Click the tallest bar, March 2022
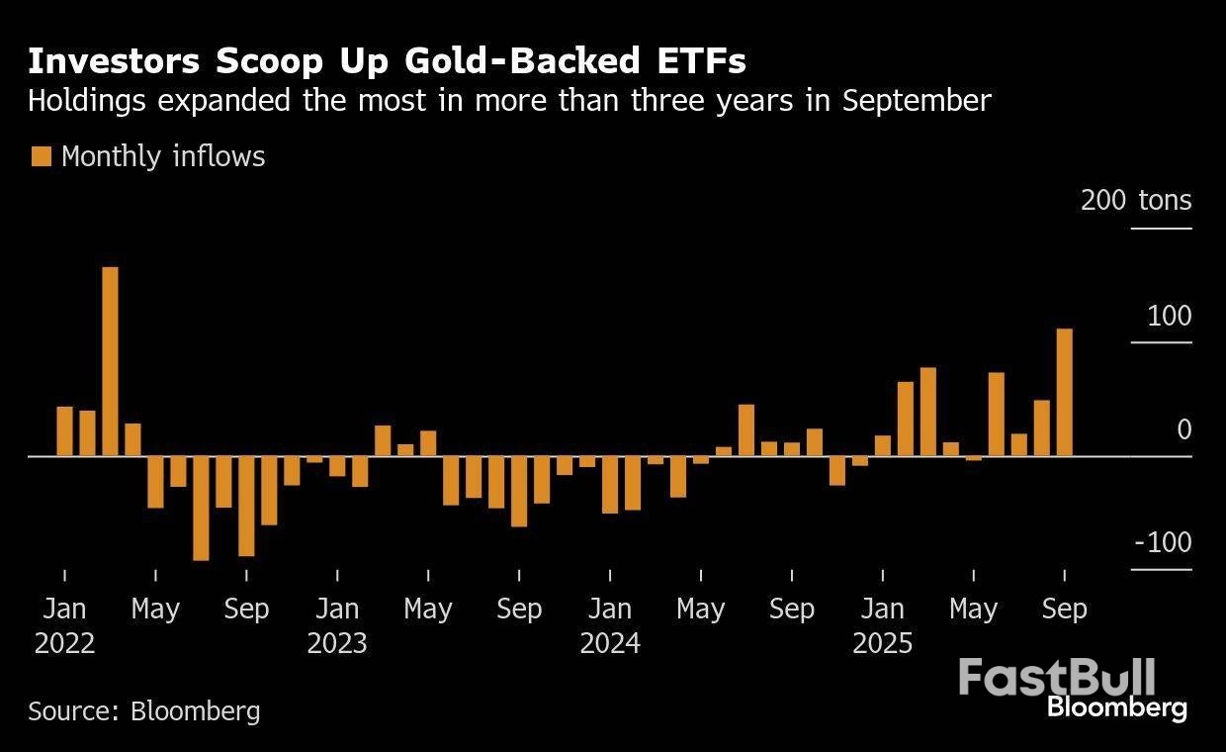pos(110,361)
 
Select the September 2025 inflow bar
pos(1065,392)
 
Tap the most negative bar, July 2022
pos(201,509)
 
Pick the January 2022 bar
pos(64,431)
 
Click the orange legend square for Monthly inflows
pos(41,156)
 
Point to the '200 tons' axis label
pos(1136,201)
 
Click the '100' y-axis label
pos(1171,317)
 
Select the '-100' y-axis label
pos(1163,543)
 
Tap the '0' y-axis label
pos(1183,429)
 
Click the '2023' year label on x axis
pos(337,643)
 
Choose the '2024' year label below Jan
pos(610,643)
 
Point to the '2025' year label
pos(883,643)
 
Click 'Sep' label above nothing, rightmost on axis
pos(1065,609)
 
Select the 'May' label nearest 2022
pos(155,609)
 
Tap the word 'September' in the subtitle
pos(917,101)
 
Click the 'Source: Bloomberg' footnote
pos(144,710)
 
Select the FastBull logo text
pos(1056,679)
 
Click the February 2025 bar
pos(905,419)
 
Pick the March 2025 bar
pos(927,412)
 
